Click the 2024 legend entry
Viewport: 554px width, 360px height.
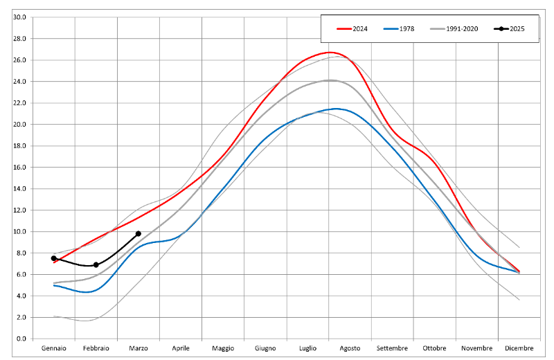(352, 28)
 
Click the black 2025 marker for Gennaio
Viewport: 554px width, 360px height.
(54, 258)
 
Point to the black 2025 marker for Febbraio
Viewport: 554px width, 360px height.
(96, 265)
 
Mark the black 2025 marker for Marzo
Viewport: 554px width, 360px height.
(138, 234)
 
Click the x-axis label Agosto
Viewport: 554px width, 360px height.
(350, 348)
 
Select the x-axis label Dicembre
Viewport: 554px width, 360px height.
(519, 348)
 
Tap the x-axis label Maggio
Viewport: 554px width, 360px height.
(223, 348)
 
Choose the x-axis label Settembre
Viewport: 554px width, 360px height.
(393, 348)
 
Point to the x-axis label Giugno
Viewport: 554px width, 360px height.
(265, 348)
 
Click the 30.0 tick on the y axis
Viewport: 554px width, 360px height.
(19, 17)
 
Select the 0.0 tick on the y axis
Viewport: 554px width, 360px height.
(21, 339)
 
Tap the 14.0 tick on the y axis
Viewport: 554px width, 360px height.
(19, 189)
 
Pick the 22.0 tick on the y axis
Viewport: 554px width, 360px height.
(19, 103)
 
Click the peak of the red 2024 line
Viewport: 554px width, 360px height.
(331, 53)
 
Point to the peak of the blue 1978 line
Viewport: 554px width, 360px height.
(336, 109)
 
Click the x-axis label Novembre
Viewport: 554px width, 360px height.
(477, 348)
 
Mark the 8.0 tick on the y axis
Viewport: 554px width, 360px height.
(21, 253)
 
